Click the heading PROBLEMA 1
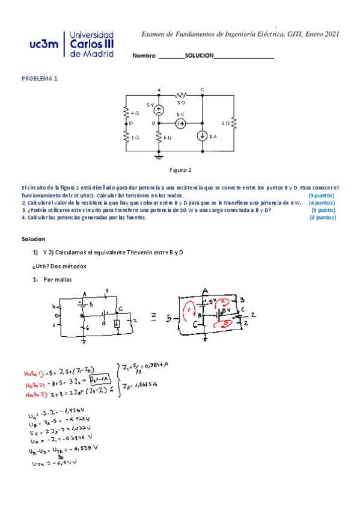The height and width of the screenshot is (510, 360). [40, 79]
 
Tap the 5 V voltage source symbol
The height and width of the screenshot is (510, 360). [159, 109]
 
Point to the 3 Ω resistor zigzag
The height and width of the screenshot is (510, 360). [180, 95]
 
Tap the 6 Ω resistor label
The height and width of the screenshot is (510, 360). [169, 138]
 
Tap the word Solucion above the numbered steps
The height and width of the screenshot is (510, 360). [34, 239]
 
